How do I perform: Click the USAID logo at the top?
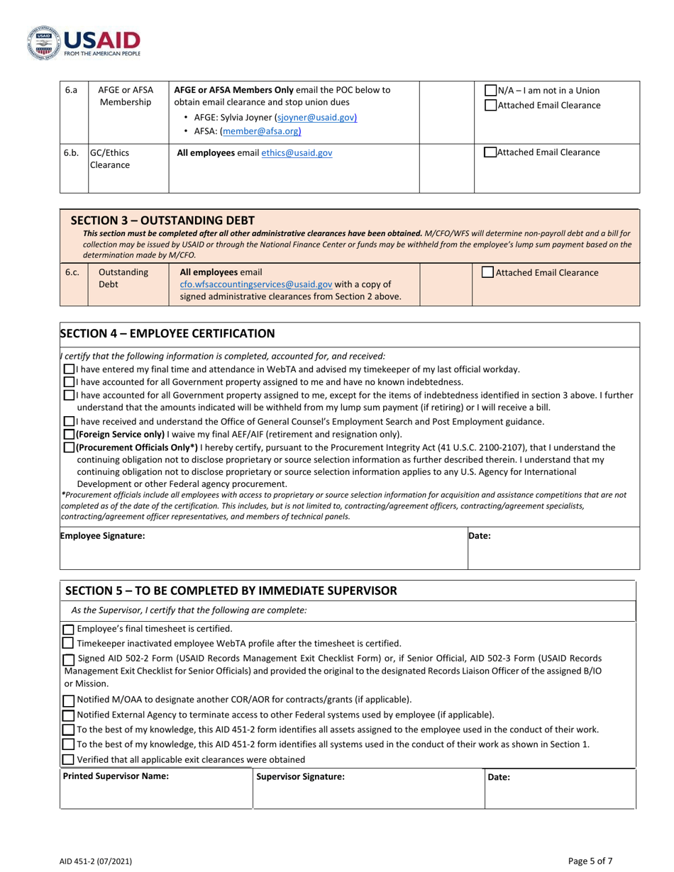click(84, 42)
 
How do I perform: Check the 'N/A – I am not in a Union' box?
click(490, 91)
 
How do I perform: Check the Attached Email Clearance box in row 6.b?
click(490, 152)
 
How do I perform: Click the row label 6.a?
click(71, 91)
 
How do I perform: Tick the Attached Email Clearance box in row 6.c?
click(488, 272)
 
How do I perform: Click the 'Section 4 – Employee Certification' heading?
click(167, 333)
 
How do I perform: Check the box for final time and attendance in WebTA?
click(69, 369)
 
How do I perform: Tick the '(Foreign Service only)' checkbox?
click(69, 434)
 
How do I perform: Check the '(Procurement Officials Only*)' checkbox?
click(69, 447)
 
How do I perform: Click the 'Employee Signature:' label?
click(103, 536)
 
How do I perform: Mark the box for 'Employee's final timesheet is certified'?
click(68, 629)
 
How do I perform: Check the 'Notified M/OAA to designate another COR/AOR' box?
click(68, 700)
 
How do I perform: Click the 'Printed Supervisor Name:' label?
click(116, 776)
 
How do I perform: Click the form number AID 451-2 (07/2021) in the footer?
click(95, 861)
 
